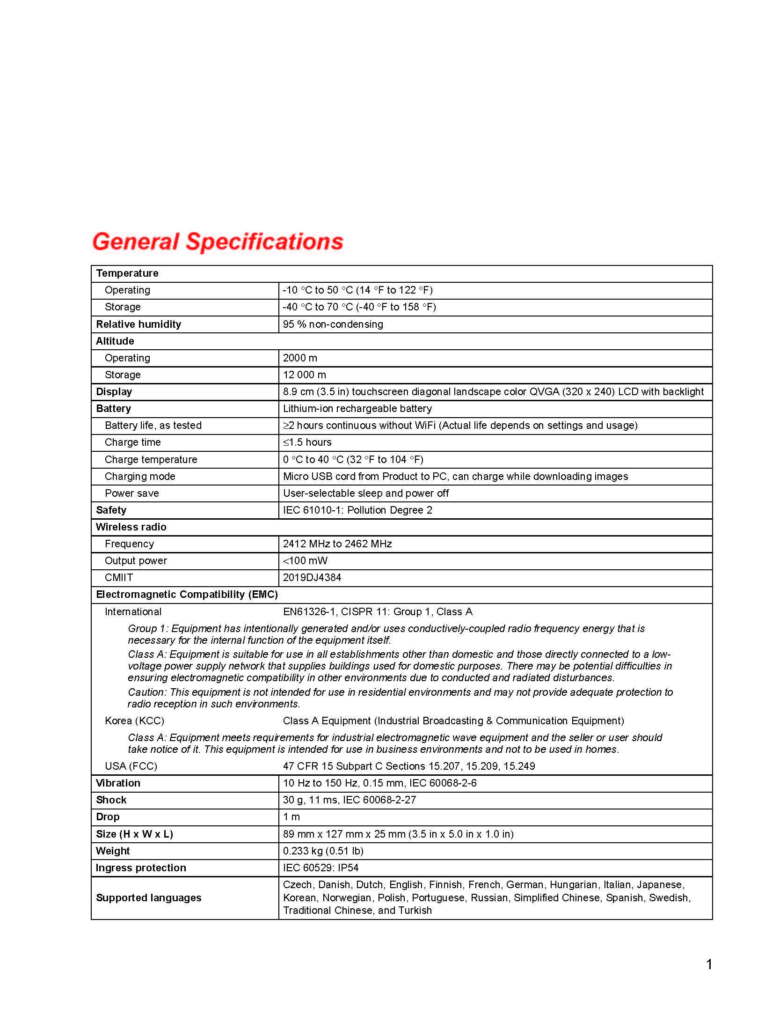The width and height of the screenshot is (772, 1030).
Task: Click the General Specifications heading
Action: coord(218,242)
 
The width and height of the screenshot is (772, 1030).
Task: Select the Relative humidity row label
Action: coord(138,324)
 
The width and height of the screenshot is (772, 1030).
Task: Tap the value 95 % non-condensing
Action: coord(333,324)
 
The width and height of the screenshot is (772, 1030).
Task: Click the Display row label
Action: coord(114,391)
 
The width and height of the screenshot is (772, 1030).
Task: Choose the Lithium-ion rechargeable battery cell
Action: coord(357,408)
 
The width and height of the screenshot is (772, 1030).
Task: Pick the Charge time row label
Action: coord(132,442)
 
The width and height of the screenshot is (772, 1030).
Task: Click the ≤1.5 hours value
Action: coord(307,442)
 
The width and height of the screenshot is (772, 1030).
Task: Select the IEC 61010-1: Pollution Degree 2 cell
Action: coord(357,510)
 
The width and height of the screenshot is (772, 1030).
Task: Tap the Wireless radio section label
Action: coord(131,527)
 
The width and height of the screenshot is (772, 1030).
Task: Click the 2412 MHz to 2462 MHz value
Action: coord(337,544)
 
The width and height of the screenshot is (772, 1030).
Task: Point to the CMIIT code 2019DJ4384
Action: coord(312,577)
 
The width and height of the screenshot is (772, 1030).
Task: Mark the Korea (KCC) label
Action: coord(134,721)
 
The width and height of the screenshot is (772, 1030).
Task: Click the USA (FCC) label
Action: coord(131,766)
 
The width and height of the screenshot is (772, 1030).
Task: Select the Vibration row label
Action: coord(118,783)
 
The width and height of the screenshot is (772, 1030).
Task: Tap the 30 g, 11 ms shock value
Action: coord(349,800)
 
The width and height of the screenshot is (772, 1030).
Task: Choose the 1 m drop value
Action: coord(291,817)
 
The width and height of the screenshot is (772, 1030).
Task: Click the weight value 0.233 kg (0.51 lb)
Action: coord(323,851)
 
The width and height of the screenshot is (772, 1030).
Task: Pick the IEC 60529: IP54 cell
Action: coord(320,868)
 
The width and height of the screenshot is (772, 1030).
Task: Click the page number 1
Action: coord(709,964)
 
